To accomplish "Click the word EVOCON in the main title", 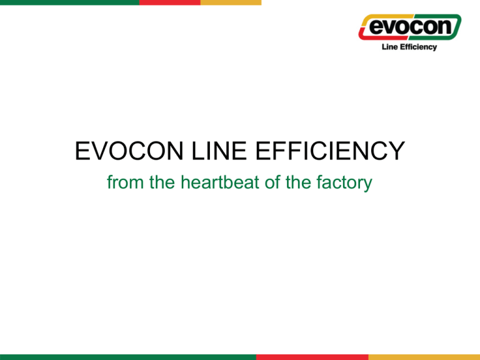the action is pos(129,151).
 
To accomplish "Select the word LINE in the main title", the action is pos(219,151).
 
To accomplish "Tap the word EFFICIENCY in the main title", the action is pos(330,151).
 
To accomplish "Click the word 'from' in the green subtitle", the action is pos(125,182).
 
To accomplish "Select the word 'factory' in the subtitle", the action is pos(344,182).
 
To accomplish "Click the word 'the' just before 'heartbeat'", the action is pos(162,182).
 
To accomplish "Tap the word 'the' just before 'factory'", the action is pos(298,182).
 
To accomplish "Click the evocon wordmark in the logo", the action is pos(410,27).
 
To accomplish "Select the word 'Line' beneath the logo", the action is pos(390,47).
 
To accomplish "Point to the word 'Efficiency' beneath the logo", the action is pos(419,47).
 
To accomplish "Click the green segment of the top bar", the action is pos(69,2).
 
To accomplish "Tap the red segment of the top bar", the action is pos(170,2).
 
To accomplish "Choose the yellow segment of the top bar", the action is pos(231,2).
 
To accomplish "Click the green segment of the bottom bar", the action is pos(128,357).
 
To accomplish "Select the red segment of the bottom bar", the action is pos(312,357).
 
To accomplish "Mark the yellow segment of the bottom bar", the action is pos(424,357).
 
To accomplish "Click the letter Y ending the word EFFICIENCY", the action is pos(396,151).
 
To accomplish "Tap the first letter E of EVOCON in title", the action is pos(82,151).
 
